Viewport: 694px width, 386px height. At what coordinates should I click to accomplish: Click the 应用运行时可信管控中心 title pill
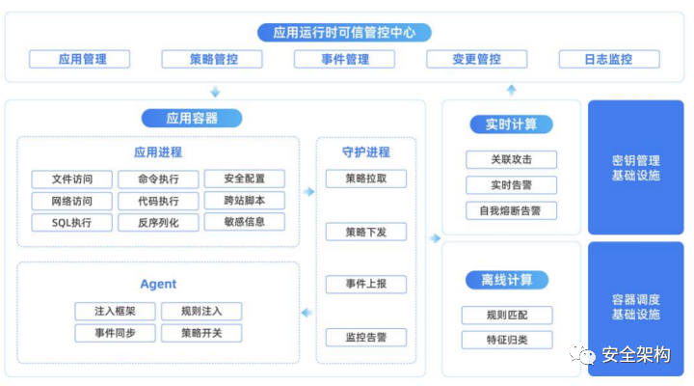point(344,32)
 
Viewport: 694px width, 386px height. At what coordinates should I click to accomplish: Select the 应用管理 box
point(81,59)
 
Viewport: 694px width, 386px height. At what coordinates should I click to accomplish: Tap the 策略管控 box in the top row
point(213,59)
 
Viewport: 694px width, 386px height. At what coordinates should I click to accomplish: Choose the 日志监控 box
point(608,59)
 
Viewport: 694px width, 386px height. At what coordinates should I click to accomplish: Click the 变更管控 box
point(476,59)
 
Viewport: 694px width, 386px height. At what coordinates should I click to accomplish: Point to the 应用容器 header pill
point(192,118)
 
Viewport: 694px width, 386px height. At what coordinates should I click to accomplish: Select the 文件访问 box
point(71,179)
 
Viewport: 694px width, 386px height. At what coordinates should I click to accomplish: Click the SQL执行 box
point(71,223)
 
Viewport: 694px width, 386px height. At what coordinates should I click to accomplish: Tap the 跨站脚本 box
point(244,201)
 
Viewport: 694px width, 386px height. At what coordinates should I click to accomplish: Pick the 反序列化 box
point(158,223)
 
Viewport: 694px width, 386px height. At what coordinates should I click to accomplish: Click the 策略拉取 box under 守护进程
point(365,179)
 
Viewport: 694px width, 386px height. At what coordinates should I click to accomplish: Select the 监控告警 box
point(365,337)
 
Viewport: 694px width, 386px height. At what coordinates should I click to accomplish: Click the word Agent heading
point(158,284)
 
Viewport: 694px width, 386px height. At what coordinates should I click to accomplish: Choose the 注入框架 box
point(115,311)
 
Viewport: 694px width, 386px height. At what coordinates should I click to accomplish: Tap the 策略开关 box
point(200,333)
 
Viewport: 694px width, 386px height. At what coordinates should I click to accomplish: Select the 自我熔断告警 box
point(511,209)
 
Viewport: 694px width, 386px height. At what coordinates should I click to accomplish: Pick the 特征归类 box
point(507,339)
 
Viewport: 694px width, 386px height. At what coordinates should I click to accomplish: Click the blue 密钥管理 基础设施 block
point(635,167)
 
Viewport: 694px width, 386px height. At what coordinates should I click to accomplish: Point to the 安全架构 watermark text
point(635,354)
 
